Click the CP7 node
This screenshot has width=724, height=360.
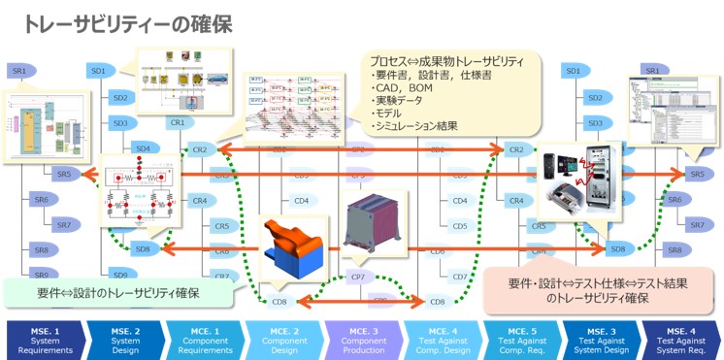point(357,278)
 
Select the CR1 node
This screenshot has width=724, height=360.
point(178,123)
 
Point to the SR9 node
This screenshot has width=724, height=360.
point(41,275)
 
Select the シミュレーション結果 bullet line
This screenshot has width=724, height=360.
point(414,126)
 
